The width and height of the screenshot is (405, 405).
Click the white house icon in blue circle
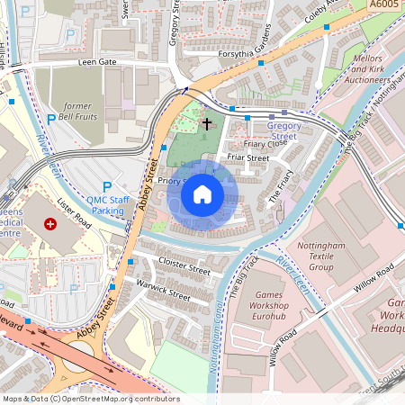tap(202, 193)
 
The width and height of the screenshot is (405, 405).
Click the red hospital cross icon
tap(50, 222)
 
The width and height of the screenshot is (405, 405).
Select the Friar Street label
tap(248, 157)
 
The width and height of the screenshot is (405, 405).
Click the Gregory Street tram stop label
tap(284, 131)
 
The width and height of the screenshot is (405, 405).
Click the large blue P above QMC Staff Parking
tap(107, 186)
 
